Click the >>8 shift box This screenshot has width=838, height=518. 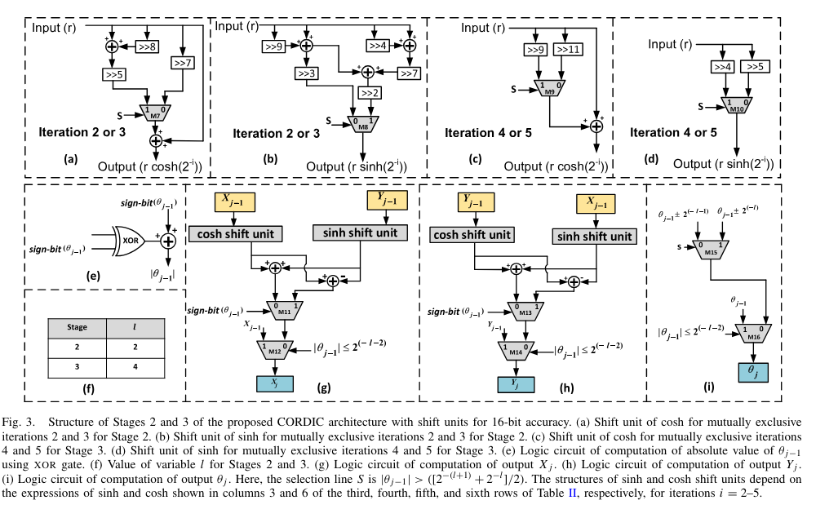(x=149, y=46)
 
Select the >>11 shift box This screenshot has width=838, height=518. (x=569, y=50)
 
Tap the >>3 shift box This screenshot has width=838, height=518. (x=307, y=73)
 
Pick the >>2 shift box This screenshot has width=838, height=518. (x=370, y=93)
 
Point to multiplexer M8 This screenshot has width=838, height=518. (x=362, y=122)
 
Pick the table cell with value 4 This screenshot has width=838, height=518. (x=133, y=365)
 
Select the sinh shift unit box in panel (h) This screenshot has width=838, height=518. (x=593, y=236)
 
